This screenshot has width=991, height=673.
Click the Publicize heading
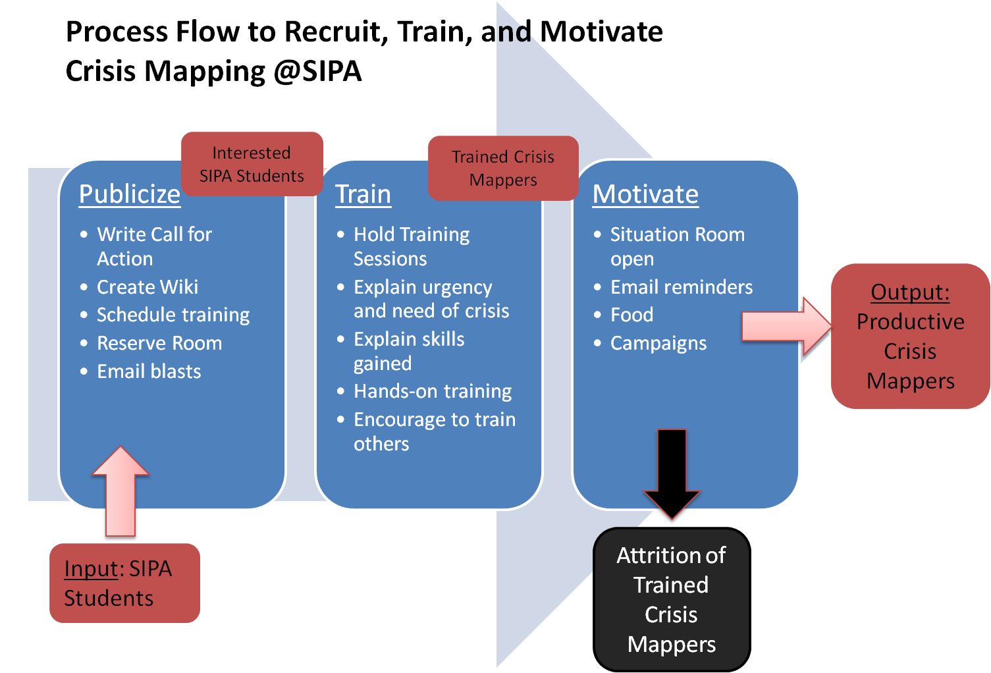(x=130, y=194)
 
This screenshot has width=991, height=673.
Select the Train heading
(x=363, y=194)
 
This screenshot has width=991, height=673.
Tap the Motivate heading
(x=645, y=194)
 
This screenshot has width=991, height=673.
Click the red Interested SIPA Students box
(x=252, y=164)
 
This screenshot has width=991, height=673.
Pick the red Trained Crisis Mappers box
(x=503, y=169)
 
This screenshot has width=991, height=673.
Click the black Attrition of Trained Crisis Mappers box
(x=671, y=599)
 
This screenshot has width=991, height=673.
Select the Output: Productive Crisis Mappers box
(x=910, y=336)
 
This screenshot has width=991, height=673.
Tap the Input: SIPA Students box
(x=124, y=583)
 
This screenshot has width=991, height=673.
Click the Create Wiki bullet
(x=147, y=287)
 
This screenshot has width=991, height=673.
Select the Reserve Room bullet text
(x=159, y=343)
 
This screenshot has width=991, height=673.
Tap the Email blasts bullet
(x=149, y=371)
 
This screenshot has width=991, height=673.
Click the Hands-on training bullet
(x=433, y=391)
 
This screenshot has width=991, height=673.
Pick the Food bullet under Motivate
(x=631, y=315)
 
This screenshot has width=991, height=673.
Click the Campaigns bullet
(x=658, y=343)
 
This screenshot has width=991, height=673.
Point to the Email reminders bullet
(x=682, y=287)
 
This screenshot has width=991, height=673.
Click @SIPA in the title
(x=317, y=71)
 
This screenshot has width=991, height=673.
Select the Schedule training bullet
(x=173, y=315)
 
